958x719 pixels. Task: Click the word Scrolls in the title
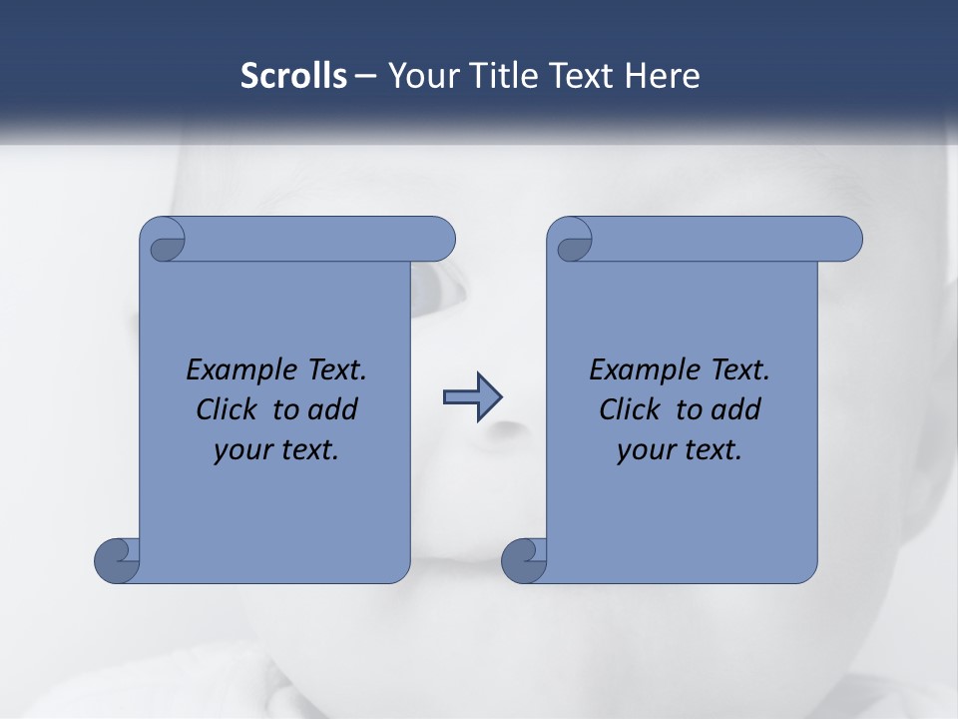pyautogui.click(x=294, y=76)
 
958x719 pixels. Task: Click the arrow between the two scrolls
pyautogui.click(x=472, y=397)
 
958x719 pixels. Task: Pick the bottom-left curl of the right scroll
pyautogui.click(x=523, y=559)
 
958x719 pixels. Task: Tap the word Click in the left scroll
pyautogui.click(x=227, y=409)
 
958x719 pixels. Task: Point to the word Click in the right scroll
pyautogui.click(x=630, y=409)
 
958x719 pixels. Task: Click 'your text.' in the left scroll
pyautogui.click(x=276, y=450)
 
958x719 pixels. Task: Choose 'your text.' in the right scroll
pyautogui.click(x=680, y=450)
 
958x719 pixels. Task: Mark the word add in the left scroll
pyautogui.click(x=331, y=409)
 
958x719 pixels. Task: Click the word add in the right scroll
pyautogui.click(x=734, y=409)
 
